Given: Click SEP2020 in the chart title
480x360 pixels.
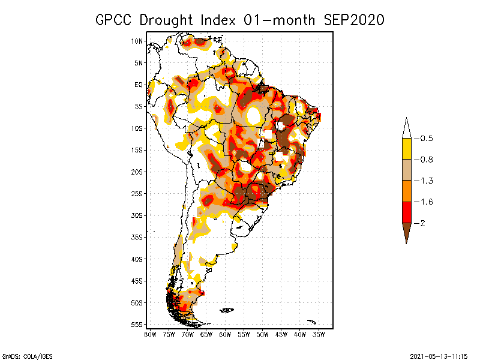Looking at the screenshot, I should [354, 20].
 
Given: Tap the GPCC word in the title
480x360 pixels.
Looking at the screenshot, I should [115, 20].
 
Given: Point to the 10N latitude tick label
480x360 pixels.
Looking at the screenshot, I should [137, 41].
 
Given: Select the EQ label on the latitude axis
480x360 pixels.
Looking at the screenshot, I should [139, 85].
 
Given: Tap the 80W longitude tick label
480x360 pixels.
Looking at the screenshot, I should [150, 334].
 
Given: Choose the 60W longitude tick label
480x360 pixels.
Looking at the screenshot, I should [225, 334].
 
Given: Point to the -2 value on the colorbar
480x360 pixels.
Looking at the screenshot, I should [421, 223].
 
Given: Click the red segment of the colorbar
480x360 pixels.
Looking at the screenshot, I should [406, 212].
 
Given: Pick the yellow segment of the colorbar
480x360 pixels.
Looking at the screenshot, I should [406, 149].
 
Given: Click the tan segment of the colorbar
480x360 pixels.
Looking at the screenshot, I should [406, 170].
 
